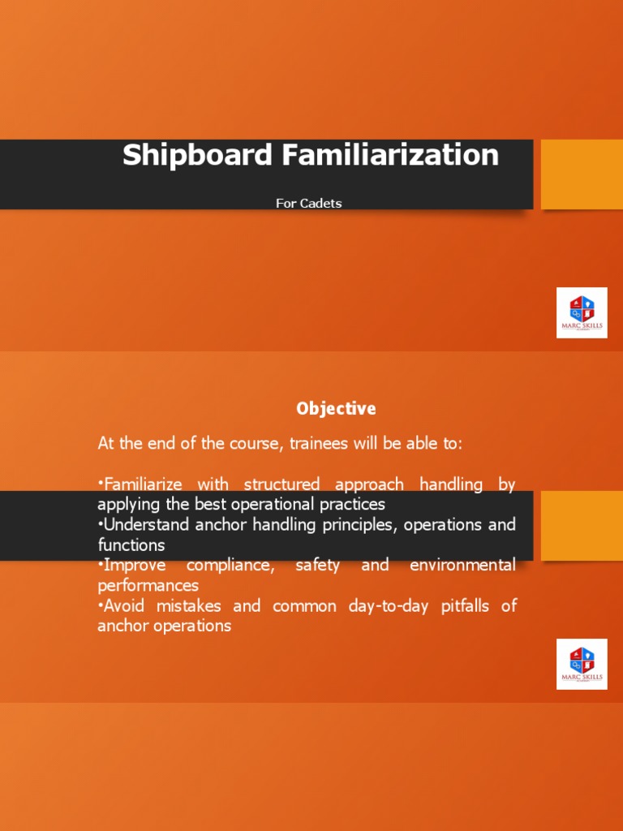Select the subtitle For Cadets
(308, 203)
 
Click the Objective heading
(336, 408)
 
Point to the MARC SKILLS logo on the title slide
(582, 312)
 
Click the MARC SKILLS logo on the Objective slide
(582, 664)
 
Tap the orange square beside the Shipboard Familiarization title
(582, 174)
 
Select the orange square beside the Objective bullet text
(582, 526)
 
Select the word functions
(131, 545)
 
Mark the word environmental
(462, 565)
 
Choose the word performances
(148, 585)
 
